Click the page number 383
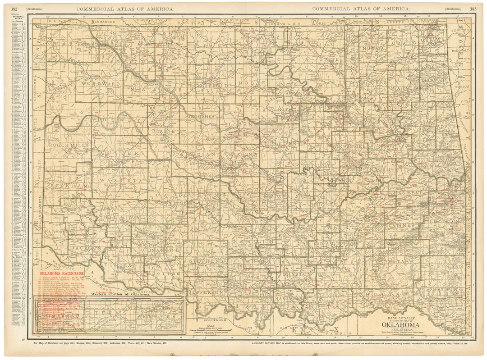(x=472, y=9)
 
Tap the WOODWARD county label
(x=101, y=84)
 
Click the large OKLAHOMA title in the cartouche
(x=401, y=324)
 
